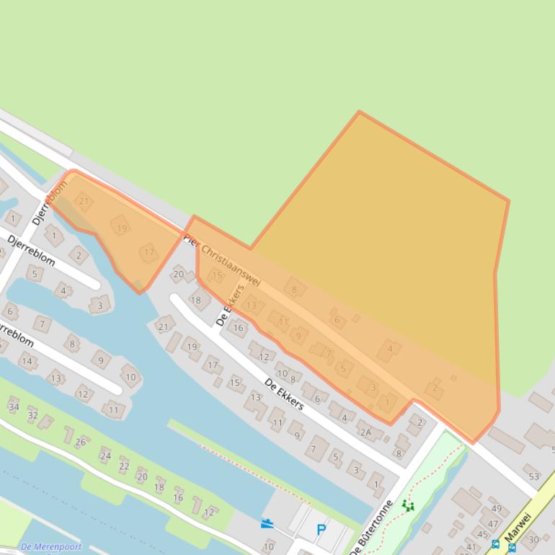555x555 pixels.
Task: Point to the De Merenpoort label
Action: click(x=51, y=546)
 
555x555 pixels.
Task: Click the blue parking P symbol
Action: click(x=321, y=530)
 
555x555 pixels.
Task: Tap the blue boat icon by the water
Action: click(x=267, y=524)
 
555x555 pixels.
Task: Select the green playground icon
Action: click(x=409, y=505)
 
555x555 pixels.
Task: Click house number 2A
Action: click(x=365, y=432)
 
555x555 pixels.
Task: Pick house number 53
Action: click(x=533, y=476)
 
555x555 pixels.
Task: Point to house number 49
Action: click(x=496, y=509)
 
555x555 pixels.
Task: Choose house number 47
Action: click(x=493, y=524)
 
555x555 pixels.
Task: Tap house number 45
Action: click(x=482, y=534)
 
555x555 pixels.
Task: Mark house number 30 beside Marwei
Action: click(x=533, y=539)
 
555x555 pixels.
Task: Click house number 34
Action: click(x=14, y=407)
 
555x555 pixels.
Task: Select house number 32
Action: click(x=32, y=415)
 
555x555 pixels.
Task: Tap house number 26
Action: click(x=81, y=442)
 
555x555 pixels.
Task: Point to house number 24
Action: click(x=105, y=456)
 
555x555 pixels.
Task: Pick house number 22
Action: click(x=124, y=466)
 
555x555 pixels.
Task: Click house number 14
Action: click(x=27, y=361)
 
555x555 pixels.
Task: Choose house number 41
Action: click(x=471, y=548)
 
